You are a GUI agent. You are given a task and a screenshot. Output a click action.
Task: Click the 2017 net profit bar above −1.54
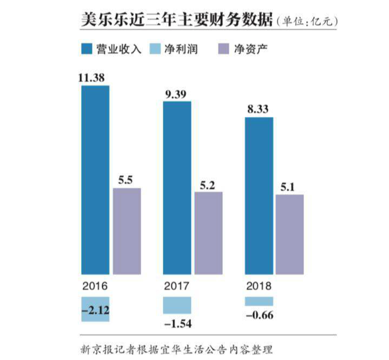coord(177,305)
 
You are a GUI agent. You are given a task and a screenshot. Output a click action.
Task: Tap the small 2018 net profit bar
coord(259,301)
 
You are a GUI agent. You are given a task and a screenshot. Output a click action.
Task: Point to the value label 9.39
coord(176,94)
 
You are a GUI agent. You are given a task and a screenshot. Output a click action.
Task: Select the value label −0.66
coord(259,315)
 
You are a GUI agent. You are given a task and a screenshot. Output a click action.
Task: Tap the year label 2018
coord(258,285)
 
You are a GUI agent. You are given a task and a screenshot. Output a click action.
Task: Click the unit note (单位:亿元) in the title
coord(307,22)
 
